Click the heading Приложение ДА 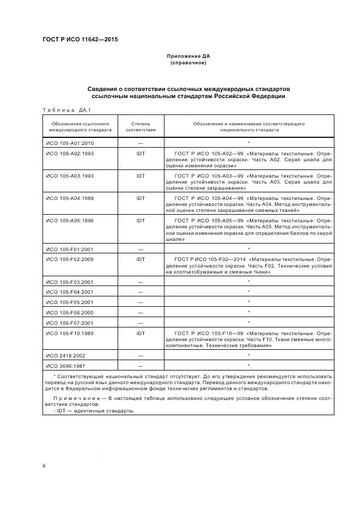[188, 56]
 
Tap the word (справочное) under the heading [188, 63]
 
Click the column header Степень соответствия [141, 127]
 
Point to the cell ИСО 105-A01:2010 [70, 143]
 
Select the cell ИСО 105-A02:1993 [70, 154]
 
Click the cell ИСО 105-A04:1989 [70, 198]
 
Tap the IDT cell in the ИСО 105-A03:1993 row [141, 176]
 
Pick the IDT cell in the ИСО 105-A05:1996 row [141, 220]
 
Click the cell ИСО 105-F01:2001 [70, 249]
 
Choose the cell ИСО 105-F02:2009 [70, 259]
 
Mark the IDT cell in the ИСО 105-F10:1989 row [141, 333]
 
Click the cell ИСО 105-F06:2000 [70, 312]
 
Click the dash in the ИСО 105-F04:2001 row [141, 292]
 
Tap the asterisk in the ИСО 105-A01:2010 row [249, 143]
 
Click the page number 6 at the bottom [44, 466]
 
